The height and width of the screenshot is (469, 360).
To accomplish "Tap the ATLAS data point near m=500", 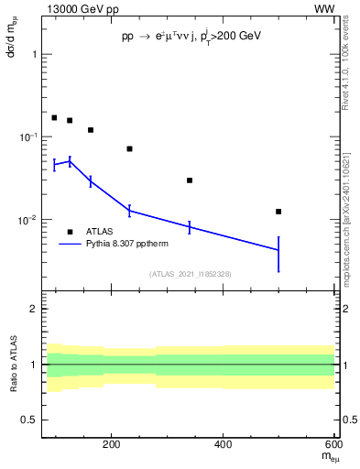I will pos(278,212).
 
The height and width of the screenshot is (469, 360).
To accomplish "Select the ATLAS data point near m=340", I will pos(190,180).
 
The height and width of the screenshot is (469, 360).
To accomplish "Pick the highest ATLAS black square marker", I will pos(54,118).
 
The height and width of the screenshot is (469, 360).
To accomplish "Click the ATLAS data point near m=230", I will pos(129,148).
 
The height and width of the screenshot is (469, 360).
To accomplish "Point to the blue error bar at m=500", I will pos(278,253).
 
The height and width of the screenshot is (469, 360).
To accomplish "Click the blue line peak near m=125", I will pos(70,161).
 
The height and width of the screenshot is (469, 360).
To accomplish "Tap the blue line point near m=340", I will pos(190,227).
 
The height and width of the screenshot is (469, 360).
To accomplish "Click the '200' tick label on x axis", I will pos(112,446).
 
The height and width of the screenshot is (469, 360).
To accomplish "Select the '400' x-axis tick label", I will pos(224,446).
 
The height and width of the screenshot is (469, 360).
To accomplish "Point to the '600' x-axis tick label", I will pos(333,446).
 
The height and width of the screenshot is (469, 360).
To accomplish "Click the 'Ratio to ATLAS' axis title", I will pos(12,365).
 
